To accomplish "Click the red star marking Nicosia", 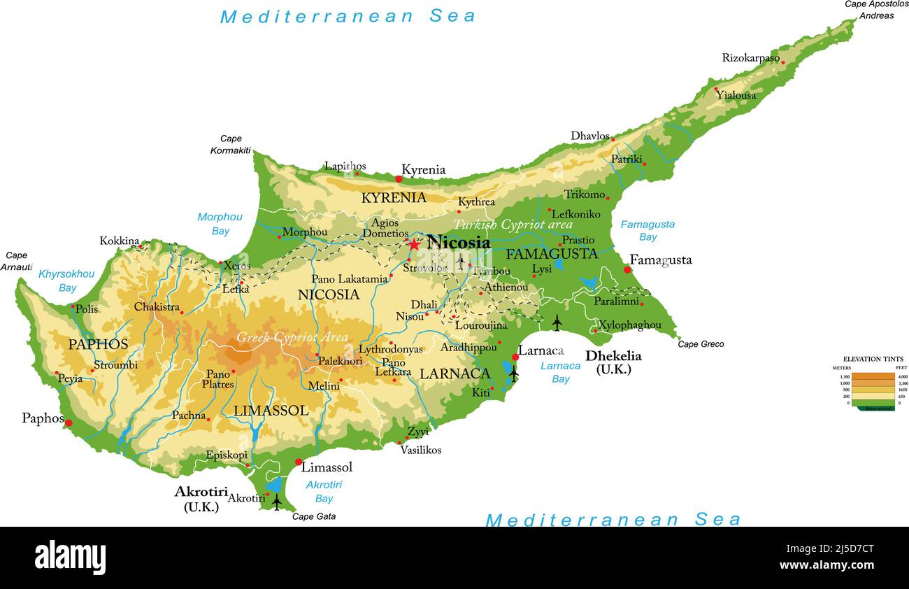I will [414, 244].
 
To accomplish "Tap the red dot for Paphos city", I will [69, 423].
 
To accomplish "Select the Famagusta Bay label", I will [647, 231].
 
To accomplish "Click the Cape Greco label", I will [701, 344].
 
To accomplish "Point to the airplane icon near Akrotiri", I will [277, 502].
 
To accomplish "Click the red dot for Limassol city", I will [299, 462].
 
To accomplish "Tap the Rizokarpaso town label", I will [750, 58].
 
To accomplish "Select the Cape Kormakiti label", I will [231, 145].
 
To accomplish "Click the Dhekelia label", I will [613, 356].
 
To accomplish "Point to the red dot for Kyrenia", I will [399, 179].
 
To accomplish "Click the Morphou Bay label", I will [220, 224].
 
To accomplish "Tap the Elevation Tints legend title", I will [873, 359].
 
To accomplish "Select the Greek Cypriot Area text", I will [292, 337].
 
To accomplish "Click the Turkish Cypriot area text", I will [513, 225].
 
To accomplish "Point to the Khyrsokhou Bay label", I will [66, 281].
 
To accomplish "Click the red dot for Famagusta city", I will [627, 269].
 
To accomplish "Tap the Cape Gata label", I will [313, 516].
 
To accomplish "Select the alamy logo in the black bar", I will [70, 558].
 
